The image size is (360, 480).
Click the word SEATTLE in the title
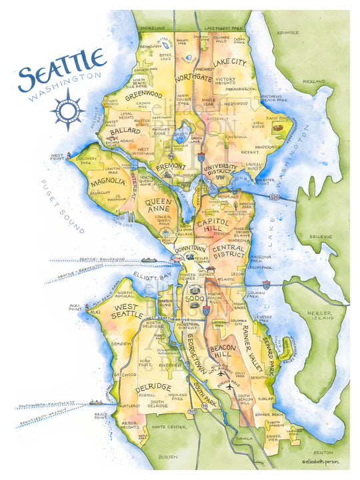coord(61,71)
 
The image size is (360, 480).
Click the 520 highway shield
coord(273,198)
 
